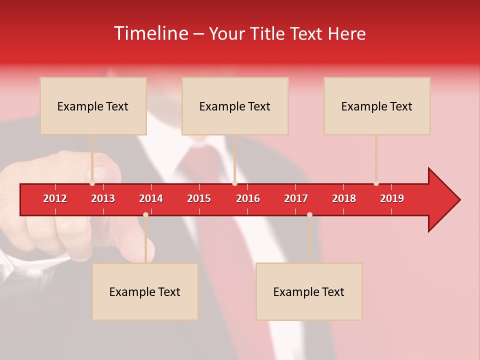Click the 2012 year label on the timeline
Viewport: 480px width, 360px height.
[55, 198]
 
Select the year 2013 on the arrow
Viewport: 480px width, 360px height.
[103, 198]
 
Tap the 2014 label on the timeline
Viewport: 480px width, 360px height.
[151, 198]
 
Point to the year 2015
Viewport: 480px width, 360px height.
[199, 198]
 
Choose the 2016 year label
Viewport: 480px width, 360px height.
[248, 198]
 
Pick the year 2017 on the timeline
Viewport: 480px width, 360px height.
[296, 198]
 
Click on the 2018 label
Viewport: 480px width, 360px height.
[344, 198]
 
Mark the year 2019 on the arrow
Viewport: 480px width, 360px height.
[392, 198]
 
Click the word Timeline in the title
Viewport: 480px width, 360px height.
[150, 33]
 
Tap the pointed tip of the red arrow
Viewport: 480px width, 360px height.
[458, 200]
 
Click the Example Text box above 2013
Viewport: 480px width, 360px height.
[93, 106]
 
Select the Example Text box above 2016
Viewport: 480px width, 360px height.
[235, 106]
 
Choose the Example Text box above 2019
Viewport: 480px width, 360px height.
[377, 106]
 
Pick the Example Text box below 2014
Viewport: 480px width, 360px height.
[145, 291]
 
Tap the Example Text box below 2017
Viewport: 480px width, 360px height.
[309, 291]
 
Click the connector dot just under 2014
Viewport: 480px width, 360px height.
[145, 215]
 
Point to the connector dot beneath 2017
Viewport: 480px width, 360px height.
[309, 215]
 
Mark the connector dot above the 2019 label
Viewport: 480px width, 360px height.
[376, 183]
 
